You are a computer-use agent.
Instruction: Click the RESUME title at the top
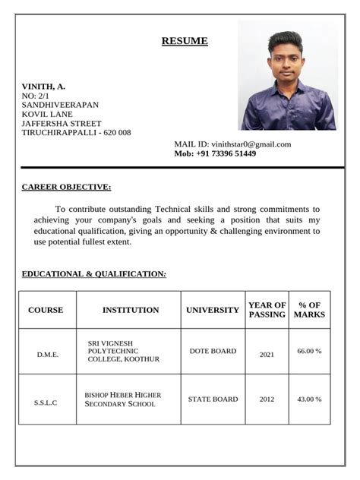click(185, 41)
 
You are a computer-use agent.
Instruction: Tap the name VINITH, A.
click(43, 87)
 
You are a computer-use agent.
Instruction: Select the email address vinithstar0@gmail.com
click(251, 144)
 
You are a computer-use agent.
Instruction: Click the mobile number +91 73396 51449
click(226, 153)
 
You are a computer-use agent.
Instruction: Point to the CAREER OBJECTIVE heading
click(66, 187)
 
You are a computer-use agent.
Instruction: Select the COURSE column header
click(46, 310)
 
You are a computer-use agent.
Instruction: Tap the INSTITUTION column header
click(131, 310)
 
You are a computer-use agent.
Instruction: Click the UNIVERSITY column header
click(213, 310)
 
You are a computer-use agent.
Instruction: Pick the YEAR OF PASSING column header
click(267, 310)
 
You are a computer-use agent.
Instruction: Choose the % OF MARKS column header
click(309, 310)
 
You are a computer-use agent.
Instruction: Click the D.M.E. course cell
click(47, 354)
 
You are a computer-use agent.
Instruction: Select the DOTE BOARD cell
click(213, 352)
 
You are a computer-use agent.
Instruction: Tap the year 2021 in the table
click(267, 354)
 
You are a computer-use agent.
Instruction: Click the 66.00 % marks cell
click(309, 352)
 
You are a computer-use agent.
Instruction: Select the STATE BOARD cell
click(213, 399)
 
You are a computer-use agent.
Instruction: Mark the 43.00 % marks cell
click(309, 399)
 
